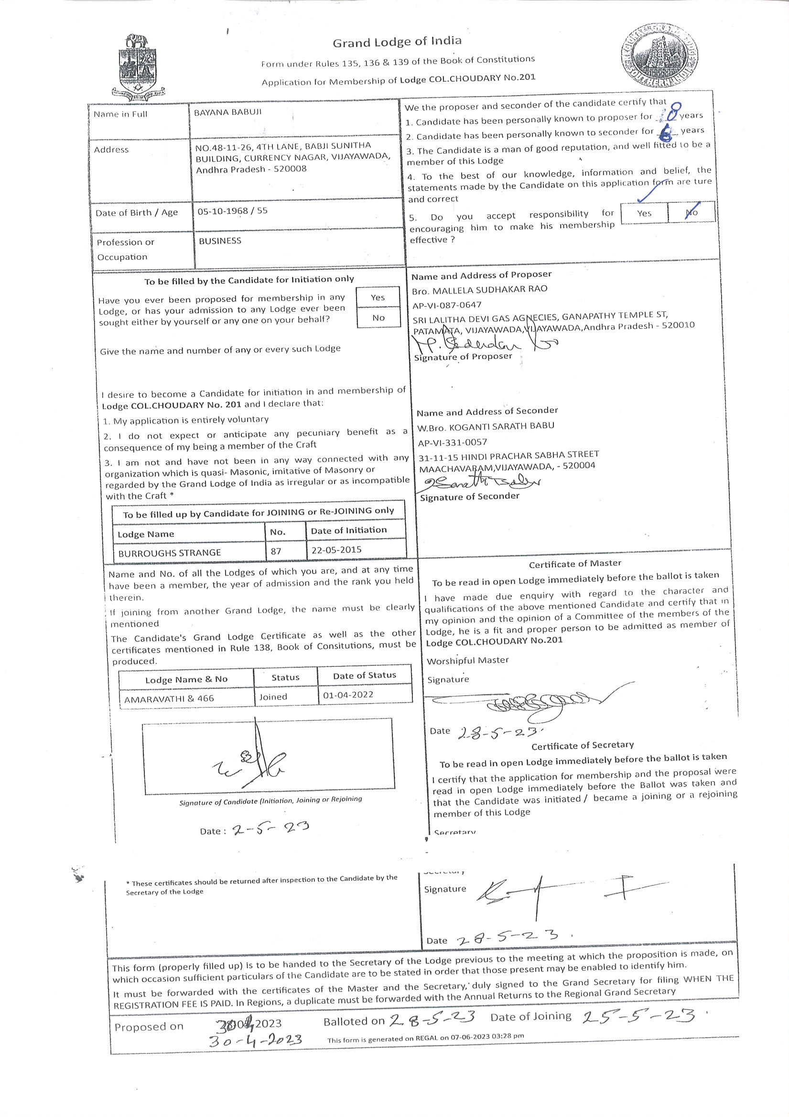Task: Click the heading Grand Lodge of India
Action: (x=397, y=42)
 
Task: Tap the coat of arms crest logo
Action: (x=138, y=66)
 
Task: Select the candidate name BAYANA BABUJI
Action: (x=227, y=112)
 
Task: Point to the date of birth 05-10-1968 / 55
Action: (x=232, y=211)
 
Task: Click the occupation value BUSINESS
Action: (x=220, y=241)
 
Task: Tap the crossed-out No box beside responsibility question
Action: (x=692, y=212)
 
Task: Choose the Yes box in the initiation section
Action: (x=378, y=297)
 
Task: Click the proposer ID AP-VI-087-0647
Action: (x=447, y=305)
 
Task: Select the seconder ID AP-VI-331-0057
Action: (x=452, y=442)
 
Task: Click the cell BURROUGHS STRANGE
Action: (x=170, y=553)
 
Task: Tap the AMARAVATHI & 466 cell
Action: (x=169, y=698)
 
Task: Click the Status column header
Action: (x=285, y=677)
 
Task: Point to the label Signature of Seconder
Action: (x=470, y=497)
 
